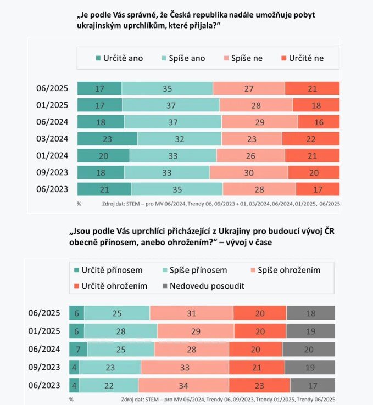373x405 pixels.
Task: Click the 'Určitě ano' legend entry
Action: [x=119, y=58]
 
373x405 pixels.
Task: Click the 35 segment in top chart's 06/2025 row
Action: [x=167, y=88]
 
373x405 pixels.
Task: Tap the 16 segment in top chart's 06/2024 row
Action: [x=319, y=122]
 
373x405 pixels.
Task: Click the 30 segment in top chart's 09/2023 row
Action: [x=249, y=172]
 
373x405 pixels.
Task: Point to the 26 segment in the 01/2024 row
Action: [x=250, y=156]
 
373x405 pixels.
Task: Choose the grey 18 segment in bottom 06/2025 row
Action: [x=310, y=313]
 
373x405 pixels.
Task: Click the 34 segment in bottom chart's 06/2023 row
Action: [x=183, y=385]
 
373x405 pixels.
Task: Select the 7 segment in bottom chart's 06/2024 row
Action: [x=78, y=349]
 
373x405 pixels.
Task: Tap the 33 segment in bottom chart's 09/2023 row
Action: [x=185, y=367]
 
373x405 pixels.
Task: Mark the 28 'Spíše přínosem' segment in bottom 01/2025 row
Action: [x=120, y=331]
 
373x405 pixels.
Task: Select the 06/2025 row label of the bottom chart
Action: [x=44, y=313]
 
